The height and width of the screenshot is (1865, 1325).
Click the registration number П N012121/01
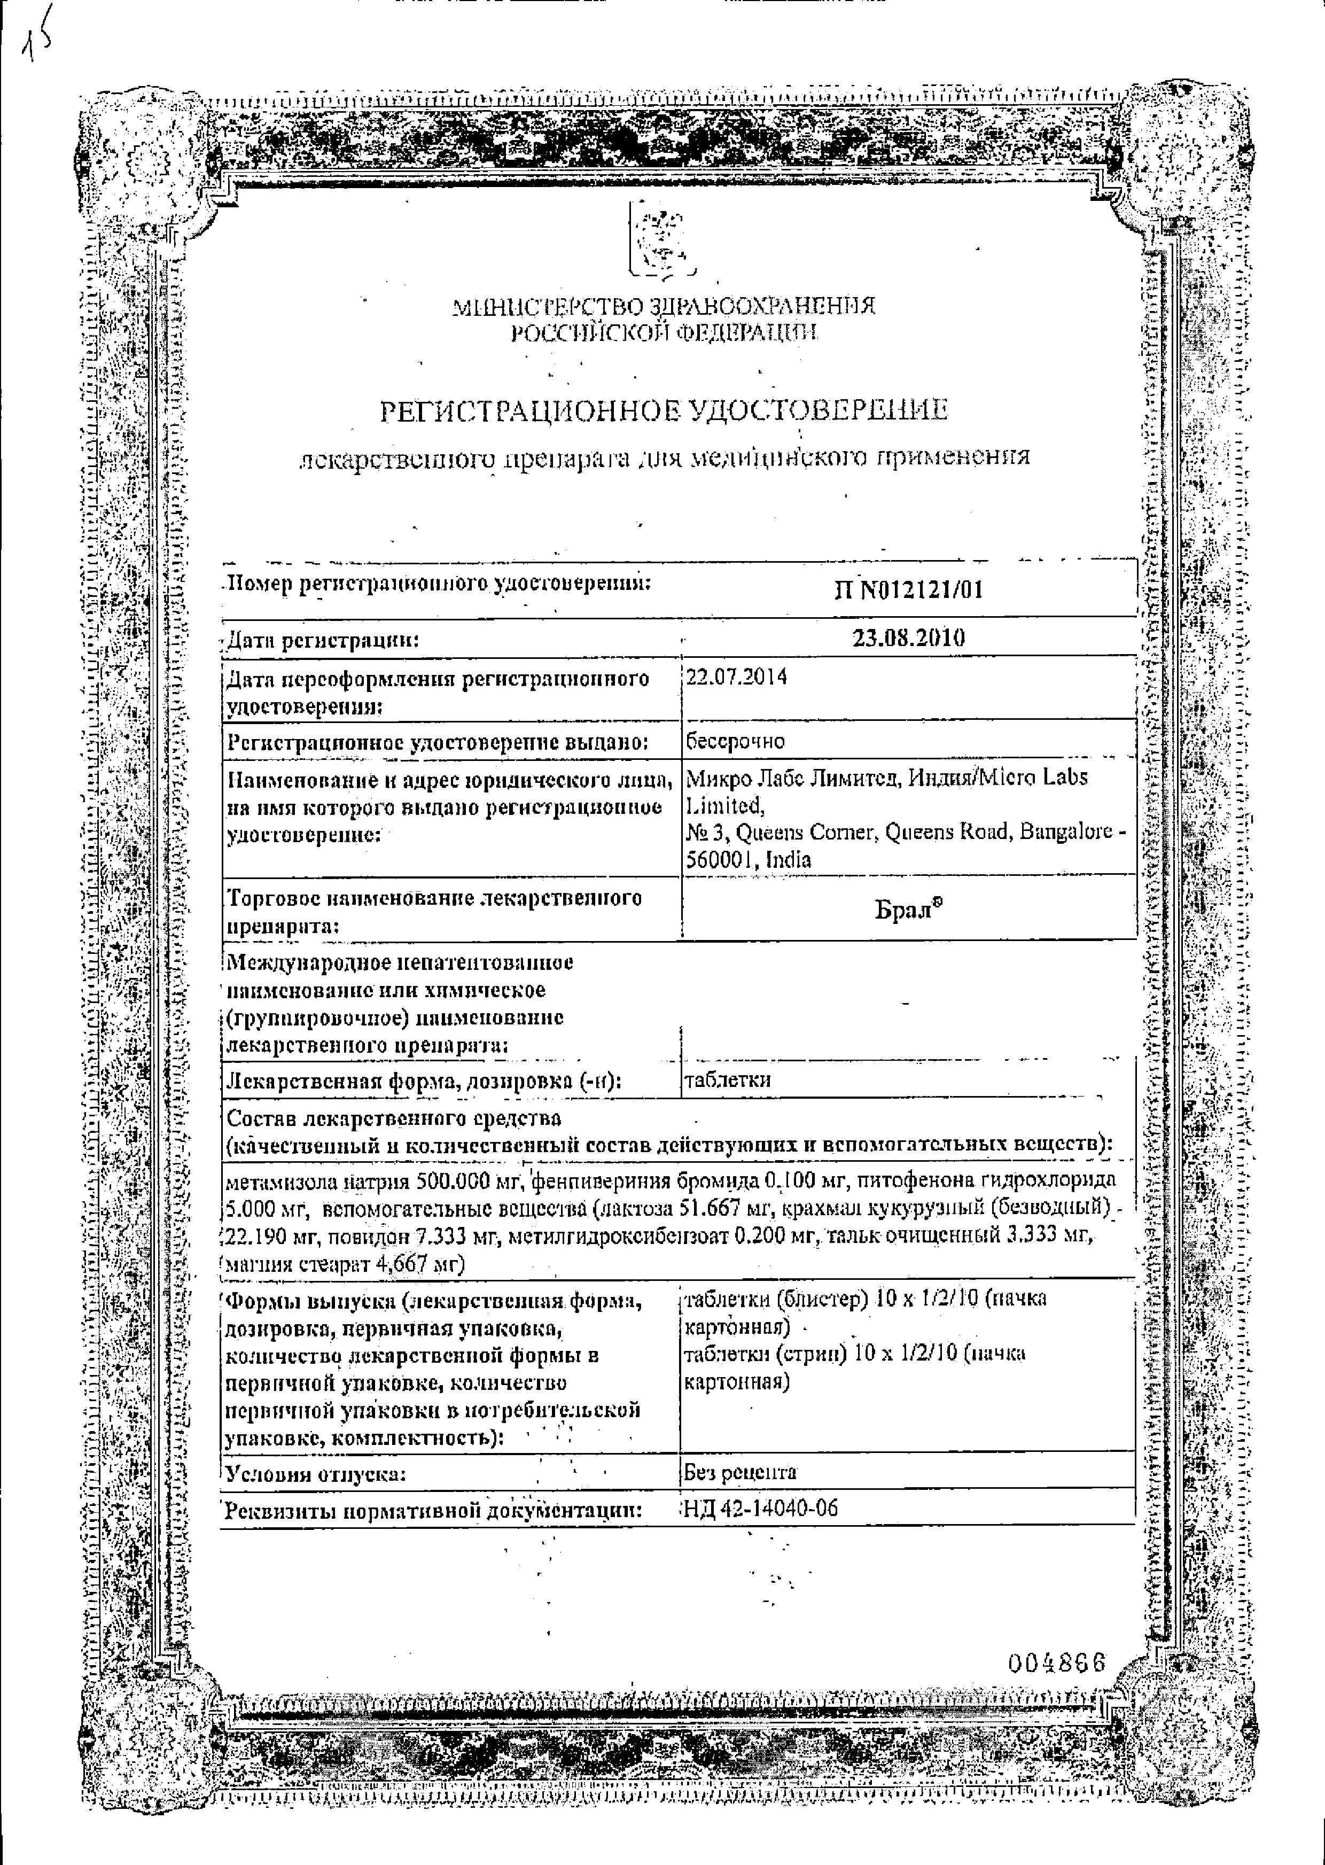(908, 589)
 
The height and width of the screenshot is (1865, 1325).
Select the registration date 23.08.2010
(908, 638)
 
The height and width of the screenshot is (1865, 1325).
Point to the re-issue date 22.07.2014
(736, 677)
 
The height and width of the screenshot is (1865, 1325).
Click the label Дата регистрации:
(322, 640)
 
